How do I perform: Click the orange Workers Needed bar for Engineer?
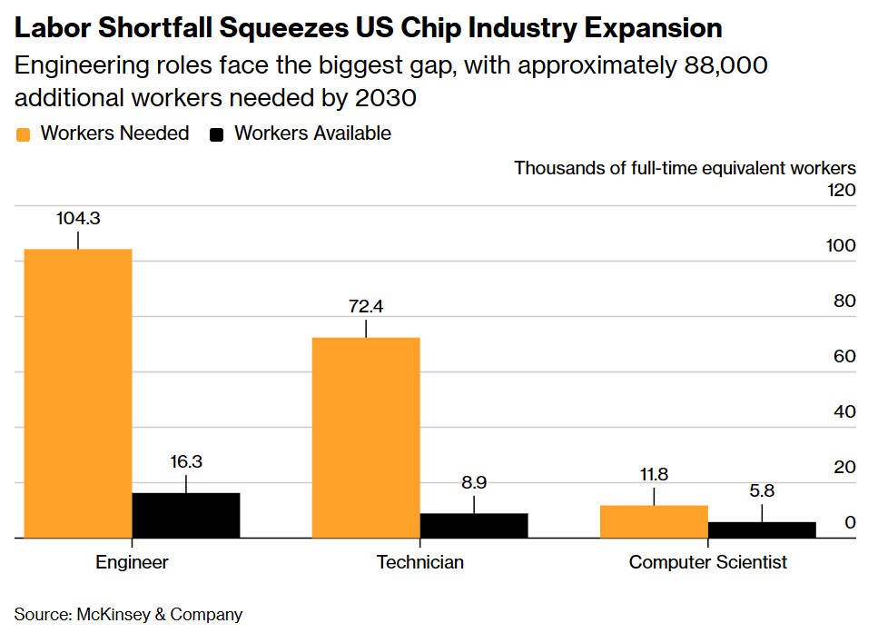pos(78,393)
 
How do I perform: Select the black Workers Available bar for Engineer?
pos(186,515)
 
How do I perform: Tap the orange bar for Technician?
pos(366,438)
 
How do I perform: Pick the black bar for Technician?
pos(474,526)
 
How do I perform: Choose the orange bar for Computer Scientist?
pos(654,521)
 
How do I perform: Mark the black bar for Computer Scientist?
pos(762,530)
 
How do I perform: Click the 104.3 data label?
pos(78,218)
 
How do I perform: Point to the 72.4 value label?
pos(366,306)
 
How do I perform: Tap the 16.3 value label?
pos(186,461)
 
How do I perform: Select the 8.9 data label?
pos(474,482)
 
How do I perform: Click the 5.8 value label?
pos(762,490)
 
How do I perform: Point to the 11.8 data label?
pos(654,474)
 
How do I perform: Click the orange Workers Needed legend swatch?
pos(23,134)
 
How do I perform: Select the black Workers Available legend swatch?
pos(217,134)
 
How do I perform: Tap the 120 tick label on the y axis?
pos(842,191)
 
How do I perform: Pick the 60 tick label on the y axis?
pos(845,356)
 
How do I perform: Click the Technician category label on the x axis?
pos(420,562)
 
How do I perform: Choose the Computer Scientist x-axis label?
pos(708,562)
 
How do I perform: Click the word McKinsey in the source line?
pos(113,615)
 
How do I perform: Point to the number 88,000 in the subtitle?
pos(725,66)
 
